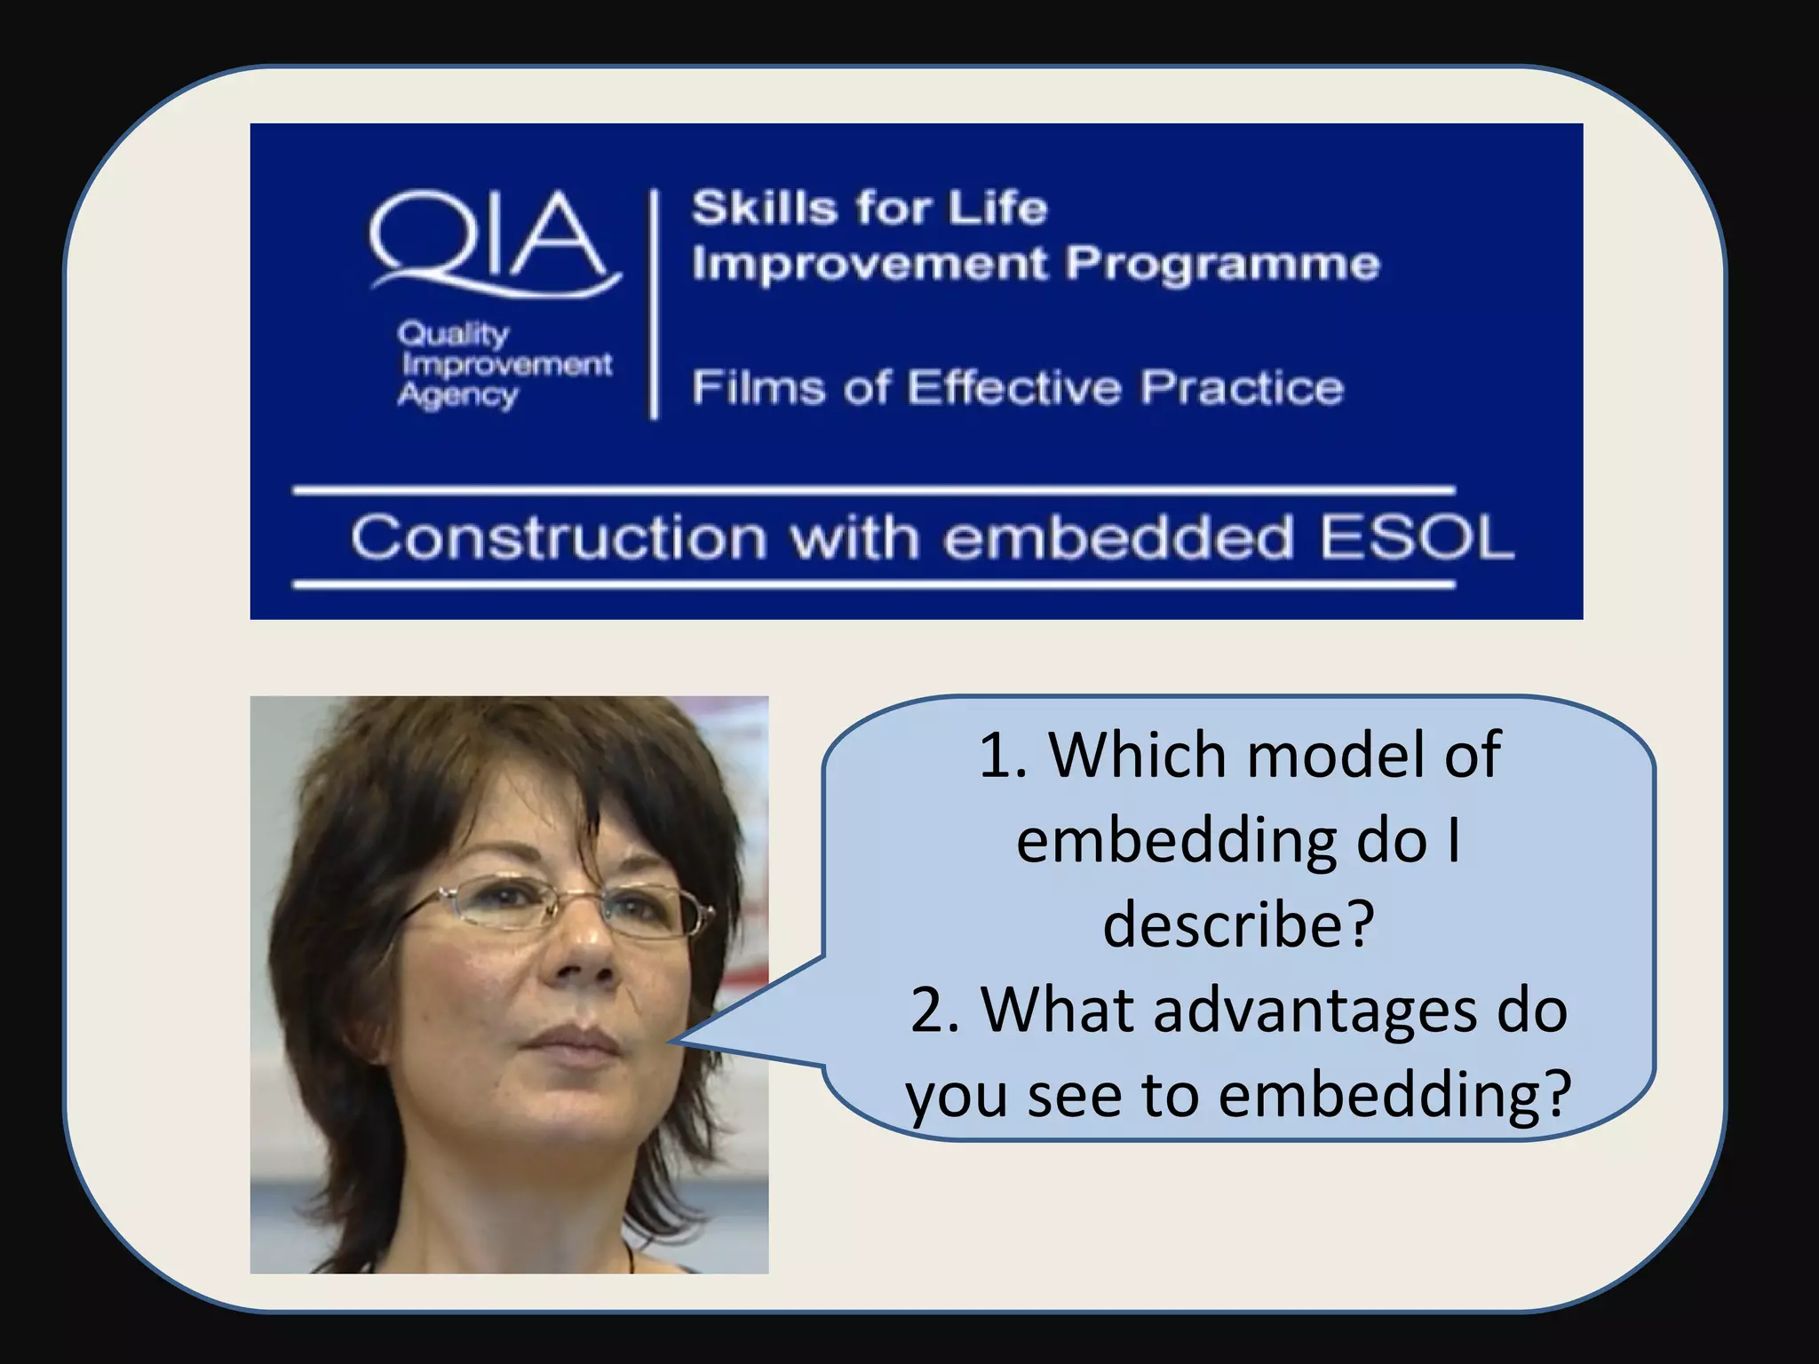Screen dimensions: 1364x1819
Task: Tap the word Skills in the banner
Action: pos(765,210)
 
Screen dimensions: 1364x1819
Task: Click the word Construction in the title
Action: pos(559,538)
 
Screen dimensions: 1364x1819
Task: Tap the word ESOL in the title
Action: pos(1416,538)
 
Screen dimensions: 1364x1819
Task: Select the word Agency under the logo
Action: pos(457,396)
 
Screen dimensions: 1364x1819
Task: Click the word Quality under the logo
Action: pos(453,334)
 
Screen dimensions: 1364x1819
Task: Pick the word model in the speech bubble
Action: pos(1337,755)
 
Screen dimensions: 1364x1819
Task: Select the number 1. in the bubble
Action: pos(1004,755)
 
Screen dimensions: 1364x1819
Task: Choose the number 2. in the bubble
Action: pos(936,1010)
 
